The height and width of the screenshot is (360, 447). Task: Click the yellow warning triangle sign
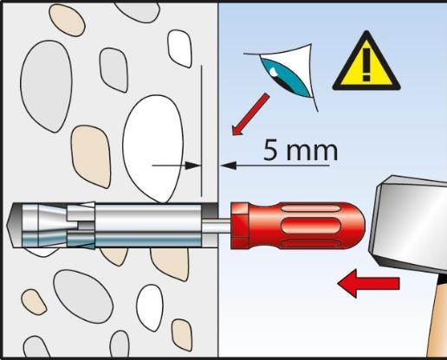pos(366,65)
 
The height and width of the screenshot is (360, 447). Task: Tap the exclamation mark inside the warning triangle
pos(366,65)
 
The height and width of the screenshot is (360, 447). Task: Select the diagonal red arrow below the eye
pos(250,114)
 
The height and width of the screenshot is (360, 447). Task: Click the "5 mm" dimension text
pos(301,150)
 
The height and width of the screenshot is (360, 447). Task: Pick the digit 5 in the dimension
pos(271,150)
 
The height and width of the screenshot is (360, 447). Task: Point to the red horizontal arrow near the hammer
pos(368,283)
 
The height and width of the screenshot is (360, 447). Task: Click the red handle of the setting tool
pos(297,226)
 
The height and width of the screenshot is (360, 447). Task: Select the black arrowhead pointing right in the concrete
pos(192,165)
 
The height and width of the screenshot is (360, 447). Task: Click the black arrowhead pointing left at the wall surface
pos(229,165)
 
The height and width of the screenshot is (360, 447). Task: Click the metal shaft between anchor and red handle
pos(216,226)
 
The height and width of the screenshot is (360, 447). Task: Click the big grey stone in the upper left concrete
pos(46,86)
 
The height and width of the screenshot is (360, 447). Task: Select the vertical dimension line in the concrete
pos(201,131)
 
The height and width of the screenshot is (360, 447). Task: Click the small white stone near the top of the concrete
pos(179,48)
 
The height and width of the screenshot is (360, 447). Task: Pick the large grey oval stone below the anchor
pos(83,296)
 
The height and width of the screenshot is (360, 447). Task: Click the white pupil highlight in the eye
pos(274,72)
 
